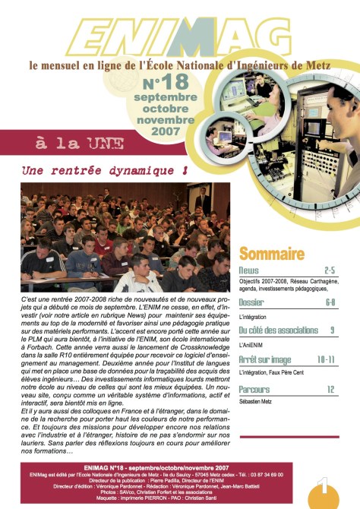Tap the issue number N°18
click(163, 83)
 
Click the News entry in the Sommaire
click(248, 270)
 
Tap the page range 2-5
click(330, 270)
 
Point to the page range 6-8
click(330, 302)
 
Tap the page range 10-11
click(326, 359)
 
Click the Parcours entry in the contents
click(254, 388)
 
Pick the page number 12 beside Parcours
click(330, 388)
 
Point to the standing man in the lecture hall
click(203, 199)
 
